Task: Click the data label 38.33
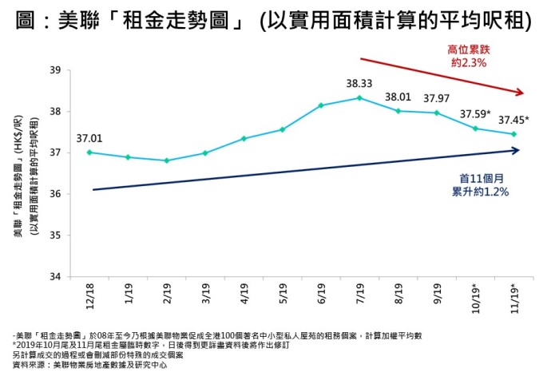click(359, 83)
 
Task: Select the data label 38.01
click(398, 97)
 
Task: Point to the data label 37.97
click(436, 98)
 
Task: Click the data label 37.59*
click(478, 113)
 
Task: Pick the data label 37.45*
click(513, 120)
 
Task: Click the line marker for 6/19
click(321, 105)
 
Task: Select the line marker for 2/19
click(166, 160)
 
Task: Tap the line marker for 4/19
click(244, 138)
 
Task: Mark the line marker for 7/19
click(359, 98)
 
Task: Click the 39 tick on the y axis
click(55, 70)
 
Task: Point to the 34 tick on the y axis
click(55, 277)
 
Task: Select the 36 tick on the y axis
click(55, 194)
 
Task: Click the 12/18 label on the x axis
click(89, 297)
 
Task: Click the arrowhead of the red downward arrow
click(520, 92)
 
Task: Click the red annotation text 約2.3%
click(469, 62)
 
